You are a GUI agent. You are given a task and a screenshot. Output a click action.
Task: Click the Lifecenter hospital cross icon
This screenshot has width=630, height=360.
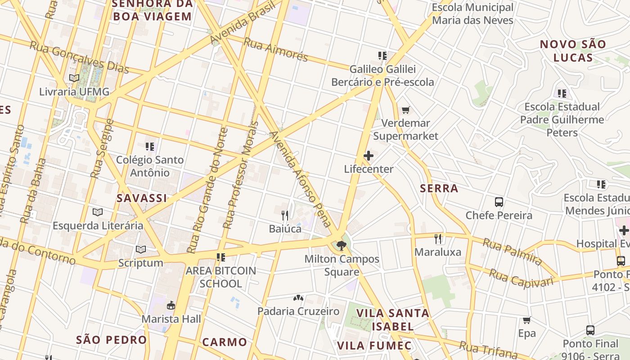pyautogui.click(x=369, y=156)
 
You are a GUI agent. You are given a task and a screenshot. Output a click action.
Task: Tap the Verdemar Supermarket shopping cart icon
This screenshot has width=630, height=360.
pyautogui.click(x=406, y=110)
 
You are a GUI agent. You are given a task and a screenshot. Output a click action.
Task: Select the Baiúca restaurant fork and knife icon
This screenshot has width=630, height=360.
pyautogui.click(x=285, y=215)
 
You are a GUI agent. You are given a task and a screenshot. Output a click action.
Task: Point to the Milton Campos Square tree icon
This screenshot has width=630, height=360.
pyautogui.click(x=342, y=246)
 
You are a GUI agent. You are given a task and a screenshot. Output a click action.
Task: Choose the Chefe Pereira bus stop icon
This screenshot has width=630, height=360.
pyautogui.click(x=499, y=202)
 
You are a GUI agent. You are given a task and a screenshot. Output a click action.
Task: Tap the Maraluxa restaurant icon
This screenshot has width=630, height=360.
pyautogui.click(x=438, y=238)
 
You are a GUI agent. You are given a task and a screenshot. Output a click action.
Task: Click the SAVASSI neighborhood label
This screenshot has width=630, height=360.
pyautogui.click(x=142, y=198)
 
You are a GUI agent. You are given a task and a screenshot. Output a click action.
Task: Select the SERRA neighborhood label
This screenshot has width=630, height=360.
pyautogui.click(x=439, y=189)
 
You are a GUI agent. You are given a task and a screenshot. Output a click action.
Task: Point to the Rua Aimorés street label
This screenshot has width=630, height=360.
pyautogui.click(x=275, y=49)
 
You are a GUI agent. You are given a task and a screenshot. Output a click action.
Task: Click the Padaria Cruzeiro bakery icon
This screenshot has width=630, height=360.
pyautogui.click(x=298, y=298)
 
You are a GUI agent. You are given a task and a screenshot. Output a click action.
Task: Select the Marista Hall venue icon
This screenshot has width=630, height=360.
pyautogui.click(x=171, y=306)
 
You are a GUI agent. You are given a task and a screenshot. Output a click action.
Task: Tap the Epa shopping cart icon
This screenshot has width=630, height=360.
pyautogui.click(x=527, y=320)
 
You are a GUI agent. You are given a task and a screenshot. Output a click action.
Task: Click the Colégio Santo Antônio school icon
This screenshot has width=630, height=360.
pyautogui.click(x=150, y=146)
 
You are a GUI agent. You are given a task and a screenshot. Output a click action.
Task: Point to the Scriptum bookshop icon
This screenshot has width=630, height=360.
pyautogui.click(x=141, y=249)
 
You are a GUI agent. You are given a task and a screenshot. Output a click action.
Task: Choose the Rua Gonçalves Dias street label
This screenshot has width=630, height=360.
pyautogui.click(x=79, y=57)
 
